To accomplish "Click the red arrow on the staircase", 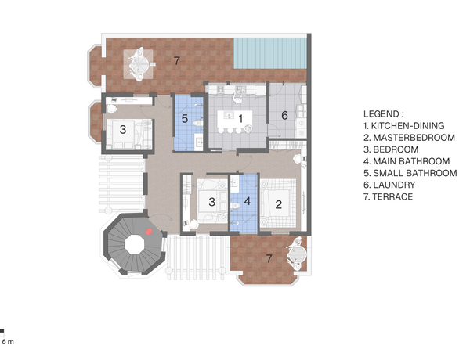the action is click(x=149, y=231).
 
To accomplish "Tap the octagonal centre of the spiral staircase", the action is click(x=135, y=244).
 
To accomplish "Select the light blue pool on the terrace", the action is click(x=270, y=53).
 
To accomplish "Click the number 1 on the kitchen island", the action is click(x=240, y=119).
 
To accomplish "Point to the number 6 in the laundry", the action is click(x=284, y=115).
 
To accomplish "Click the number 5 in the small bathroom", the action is click(x=185, y=119).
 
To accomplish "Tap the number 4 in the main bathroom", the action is click(x=248, y=201).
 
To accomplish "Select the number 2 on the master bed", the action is click(x=278, y=204).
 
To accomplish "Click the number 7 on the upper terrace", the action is click(x=177, y=61).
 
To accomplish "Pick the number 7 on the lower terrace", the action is click(x=269, y=258).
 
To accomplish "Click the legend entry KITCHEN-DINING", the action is click(x=403, y=126).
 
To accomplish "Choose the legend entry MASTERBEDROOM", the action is click(x=409, y=138).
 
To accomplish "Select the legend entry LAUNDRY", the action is click(x=389, y=185).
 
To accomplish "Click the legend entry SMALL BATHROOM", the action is click(x=410, y=173).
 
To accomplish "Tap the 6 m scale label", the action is click(x=8, y=341).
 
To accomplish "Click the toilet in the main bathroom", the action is click(x=235, y=206).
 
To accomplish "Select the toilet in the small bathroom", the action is click(x=198, y=123).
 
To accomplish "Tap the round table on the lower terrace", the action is click(x=298, y=254).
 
